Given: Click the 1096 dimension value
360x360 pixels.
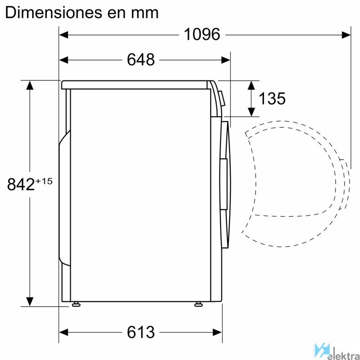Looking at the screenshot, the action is (202, 35).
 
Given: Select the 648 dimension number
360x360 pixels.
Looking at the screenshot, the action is (141, 60).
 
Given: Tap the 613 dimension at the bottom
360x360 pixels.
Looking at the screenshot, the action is (141, 332).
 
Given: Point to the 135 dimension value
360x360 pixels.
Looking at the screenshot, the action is (272, 99).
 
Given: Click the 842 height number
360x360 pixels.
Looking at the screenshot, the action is (21, 184).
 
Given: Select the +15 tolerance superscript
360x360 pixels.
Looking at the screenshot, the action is (44, 181).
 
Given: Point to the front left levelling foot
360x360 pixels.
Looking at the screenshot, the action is (76, 305).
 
